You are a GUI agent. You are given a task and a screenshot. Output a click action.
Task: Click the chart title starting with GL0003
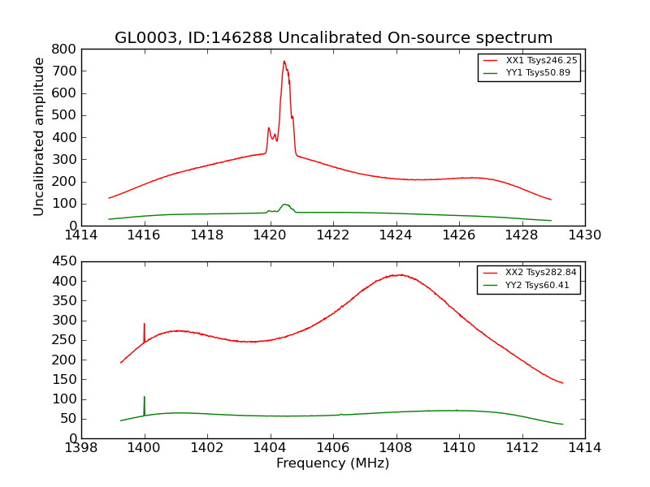click(x=333, y=37)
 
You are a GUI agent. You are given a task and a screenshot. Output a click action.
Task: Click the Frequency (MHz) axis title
click(x=332, y=463)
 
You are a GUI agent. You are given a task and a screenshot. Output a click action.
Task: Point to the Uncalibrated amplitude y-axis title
click(x=39, y=136)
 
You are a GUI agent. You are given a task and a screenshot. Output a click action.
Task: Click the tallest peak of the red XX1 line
click(x=284, y=61)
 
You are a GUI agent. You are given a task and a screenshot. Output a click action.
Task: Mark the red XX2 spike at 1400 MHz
click(x=145, y=325)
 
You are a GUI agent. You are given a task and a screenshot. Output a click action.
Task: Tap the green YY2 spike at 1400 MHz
click(x=145, y=398)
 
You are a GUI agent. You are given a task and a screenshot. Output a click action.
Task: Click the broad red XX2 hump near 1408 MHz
click(x=397, y=275)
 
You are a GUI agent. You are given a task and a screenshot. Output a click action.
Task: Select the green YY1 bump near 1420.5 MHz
click(x=285, y=205)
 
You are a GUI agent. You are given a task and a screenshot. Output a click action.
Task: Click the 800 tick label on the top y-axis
click(x=64, y=49)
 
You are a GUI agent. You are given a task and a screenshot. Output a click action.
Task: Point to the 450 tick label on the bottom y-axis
click(x=64, y=261)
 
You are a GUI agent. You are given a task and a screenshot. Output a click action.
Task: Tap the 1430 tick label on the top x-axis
click(x=584, y=235)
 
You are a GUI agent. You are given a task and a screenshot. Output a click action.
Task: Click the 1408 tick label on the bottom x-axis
click(x=396, y=448)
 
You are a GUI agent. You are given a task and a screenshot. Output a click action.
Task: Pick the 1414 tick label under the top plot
click(x=81, y=235)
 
